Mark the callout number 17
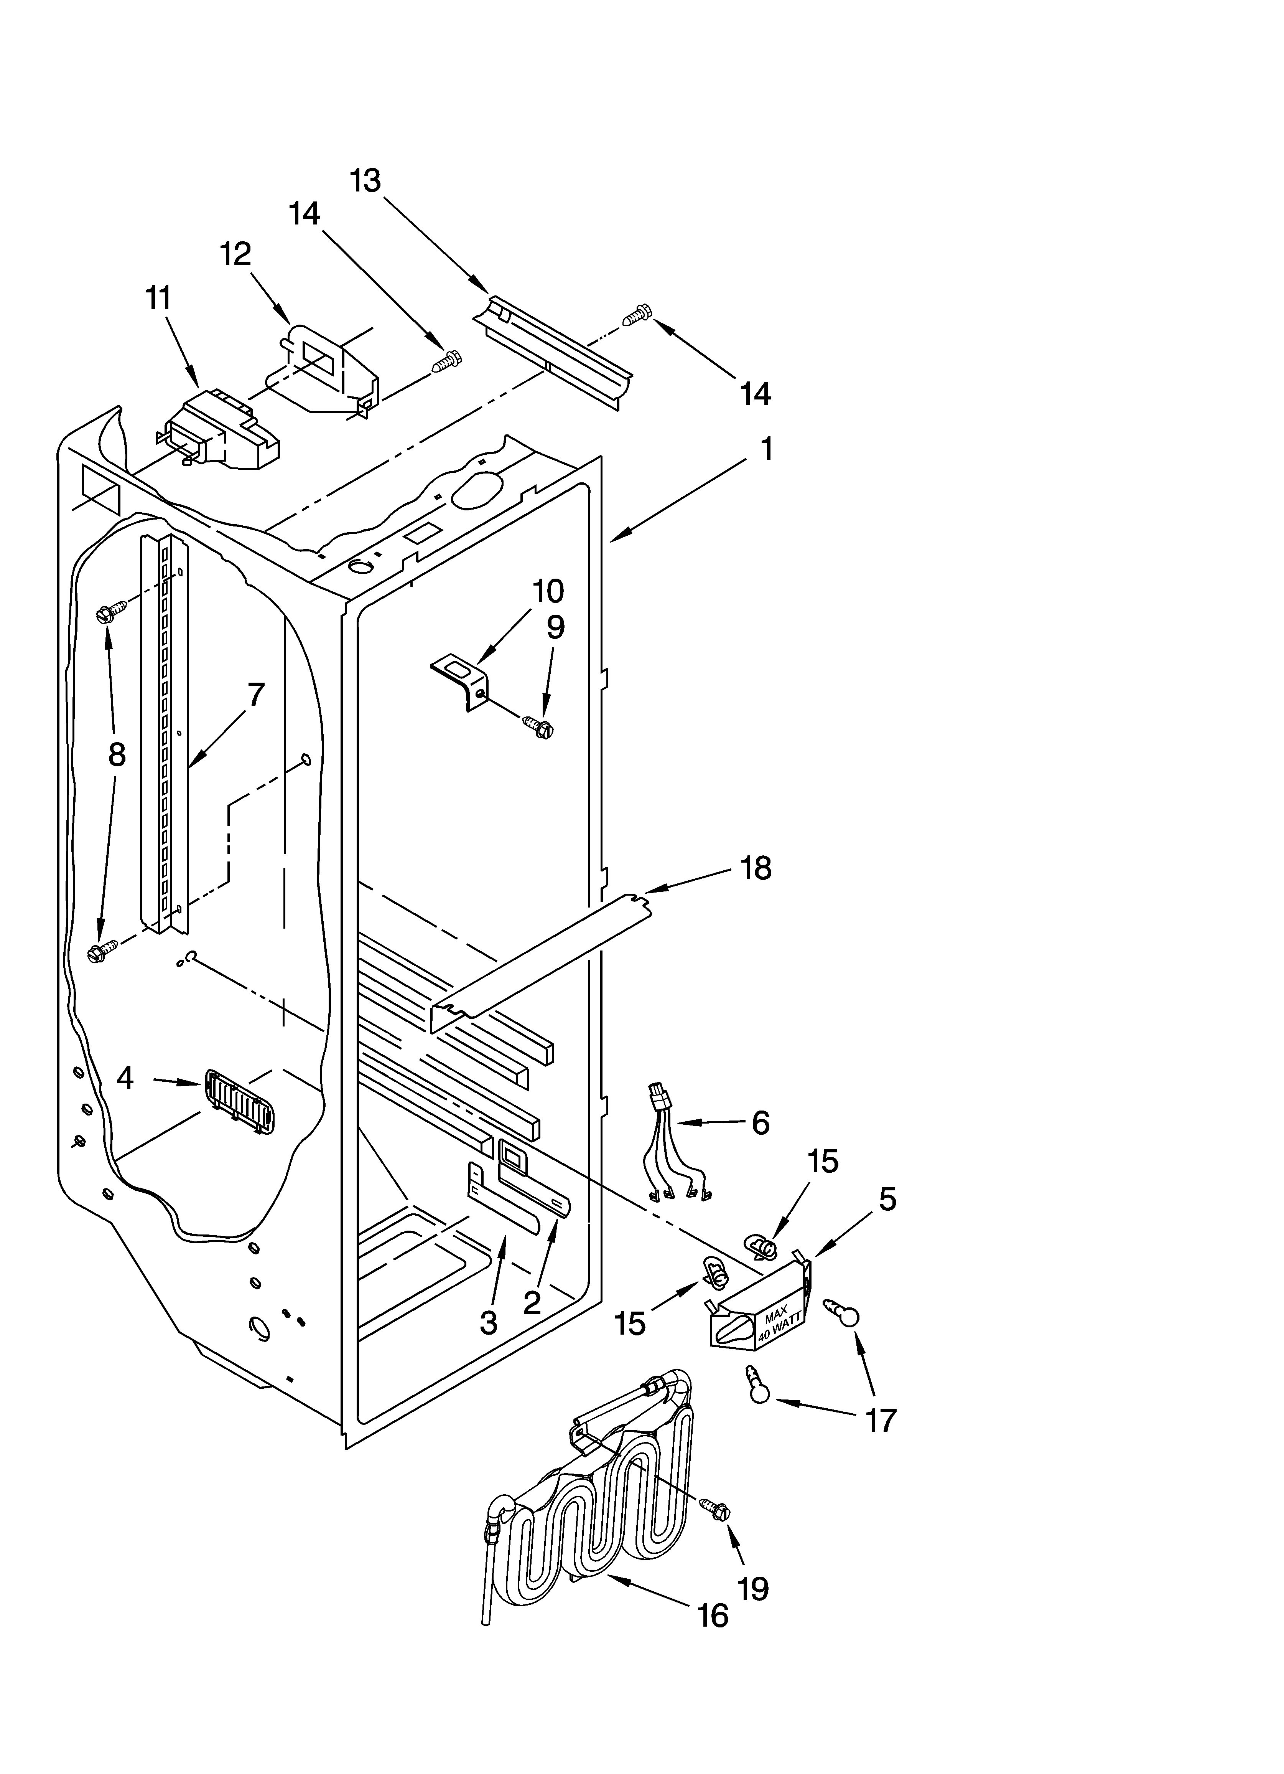point(881,1420)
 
